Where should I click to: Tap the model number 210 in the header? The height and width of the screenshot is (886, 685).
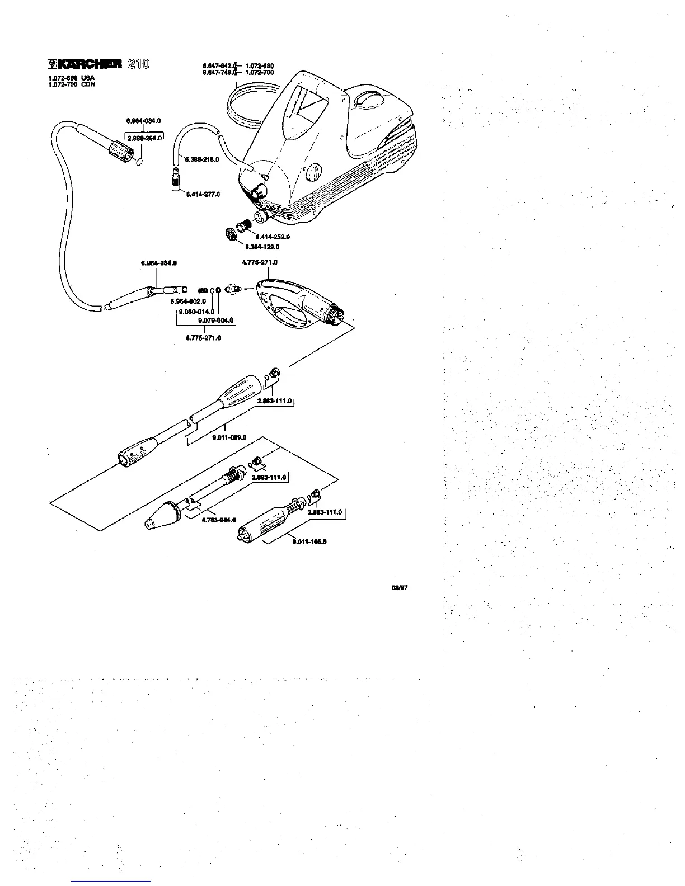pyautogui.click(x=138, y=64)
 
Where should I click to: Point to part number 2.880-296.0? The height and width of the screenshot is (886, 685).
pyautogui.click(x=144, y=137)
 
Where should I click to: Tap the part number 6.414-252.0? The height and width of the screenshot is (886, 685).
pyautogui.click(x=273, y=237)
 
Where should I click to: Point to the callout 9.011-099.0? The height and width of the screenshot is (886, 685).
pyautogui.click(x=229, y=438)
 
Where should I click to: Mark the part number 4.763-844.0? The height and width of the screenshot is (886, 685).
pyautogui.click(x=218, y=520)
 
